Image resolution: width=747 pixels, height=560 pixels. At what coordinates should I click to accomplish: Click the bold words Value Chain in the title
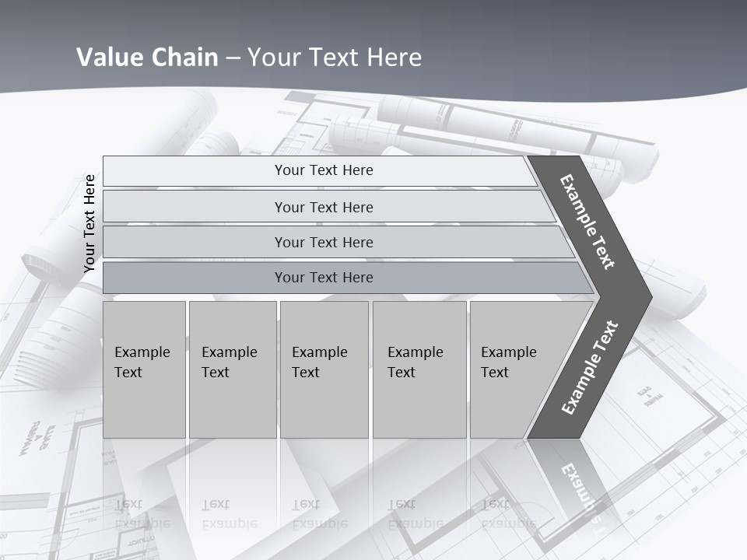click(x=147, y=58)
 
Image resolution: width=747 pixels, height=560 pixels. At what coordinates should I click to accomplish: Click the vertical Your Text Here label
click(x=89, y=223)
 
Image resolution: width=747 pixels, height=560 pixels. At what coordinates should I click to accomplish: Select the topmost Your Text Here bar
click(x=324, y=170)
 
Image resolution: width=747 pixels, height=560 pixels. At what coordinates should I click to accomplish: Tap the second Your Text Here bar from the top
click(x=324, y=207)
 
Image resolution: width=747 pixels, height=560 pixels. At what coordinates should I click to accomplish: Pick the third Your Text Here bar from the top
click(x=324, y=242)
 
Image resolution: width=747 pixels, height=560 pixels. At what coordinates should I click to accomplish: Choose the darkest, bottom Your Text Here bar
click(x=324, y=278)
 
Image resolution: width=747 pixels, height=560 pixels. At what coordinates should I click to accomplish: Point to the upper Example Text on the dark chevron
click(x=587, y=222)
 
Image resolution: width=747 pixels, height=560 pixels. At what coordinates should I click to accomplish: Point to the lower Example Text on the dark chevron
click(x=590, y=367)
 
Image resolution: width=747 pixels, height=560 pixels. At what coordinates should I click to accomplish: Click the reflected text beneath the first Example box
click(x=142, y=514)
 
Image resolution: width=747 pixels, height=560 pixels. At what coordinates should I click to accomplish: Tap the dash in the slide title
click(x=233, y=58)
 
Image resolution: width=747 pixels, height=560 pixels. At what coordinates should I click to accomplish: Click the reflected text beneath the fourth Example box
click(x=416, y=514)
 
